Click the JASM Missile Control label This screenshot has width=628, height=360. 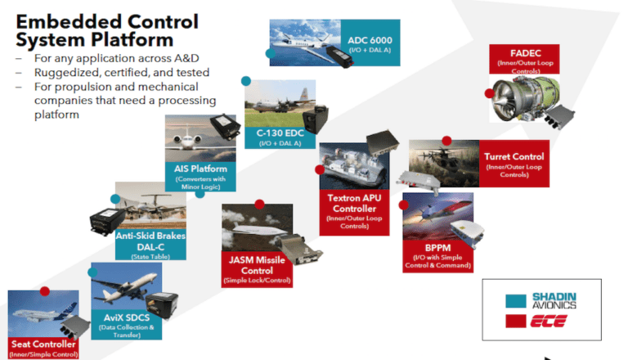pos(257,270)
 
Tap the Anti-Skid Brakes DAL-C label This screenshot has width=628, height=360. pos(150,243)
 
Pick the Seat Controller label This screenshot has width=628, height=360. pos(43,347)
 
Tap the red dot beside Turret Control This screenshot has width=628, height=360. pos(447,140)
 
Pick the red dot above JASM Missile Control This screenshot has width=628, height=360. pos(259,203)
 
